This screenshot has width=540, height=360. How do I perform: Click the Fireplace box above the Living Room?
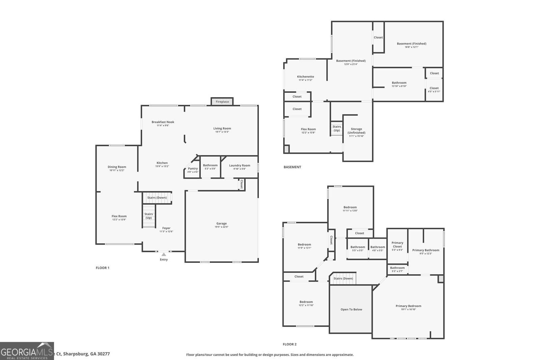click(222, 102)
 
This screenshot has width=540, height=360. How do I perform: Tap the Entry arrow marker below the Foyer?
click(164, 254)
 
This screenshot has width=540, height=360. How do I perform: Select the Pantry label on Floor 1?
click(193, 169)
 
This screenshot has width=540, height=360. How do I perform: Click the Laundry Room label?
click(239, 165)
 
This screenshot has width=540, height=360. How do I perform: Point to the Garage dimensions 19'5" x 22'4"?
click(221, 227)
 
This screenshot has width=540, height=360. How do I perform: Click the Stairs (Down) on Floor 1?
click(157, 198)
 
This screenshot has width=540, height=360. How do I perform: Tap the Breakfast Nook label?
click(163, 122)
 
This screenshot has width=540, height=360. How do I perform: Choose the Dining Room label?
click(117, 167)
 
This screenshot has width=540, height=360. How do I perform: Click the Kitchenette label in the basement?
click(305, 77)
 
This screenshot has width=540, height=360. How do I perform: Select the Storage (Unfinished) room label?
click(356, 131)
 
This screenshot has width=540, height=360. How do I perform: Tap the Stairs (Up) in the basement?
click(336, 129)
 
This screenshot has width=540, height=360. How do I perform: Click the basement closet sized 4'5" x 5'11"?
click(434, 90)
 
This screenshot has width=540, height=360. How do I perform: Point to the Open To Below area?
click(351, 309)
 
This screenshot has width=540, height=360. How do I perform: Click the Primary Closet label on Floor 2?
click(397, 244)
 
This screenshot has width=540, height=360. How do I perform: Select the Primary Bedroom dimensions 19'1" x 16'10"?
click(408, 309)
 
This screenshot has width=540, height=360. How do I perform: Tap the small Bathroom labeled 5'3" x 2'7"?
click(397, 269)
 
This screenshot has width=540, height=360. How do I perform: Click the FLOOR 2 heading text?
click(290, 344)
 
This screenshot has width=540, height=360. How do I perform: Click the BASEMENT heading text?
click(292, 167)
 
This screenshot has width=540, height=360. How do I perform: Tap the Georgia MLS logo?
click(27, 351)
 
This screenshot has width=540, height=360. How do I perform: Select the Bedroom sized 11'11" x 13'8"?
click(350, 209)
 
